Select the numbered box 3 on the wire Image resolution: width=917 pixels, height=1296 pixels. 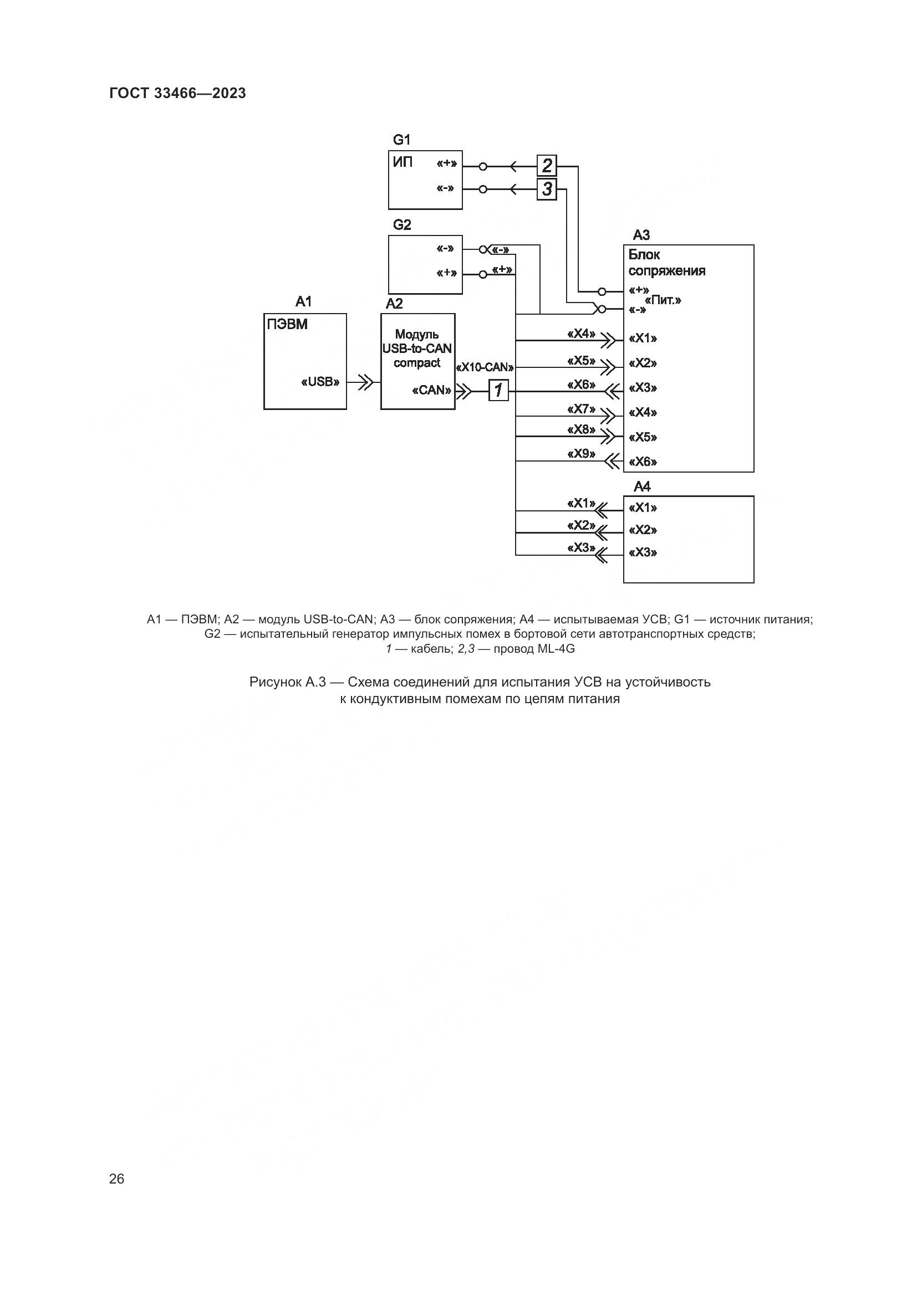point(547,189)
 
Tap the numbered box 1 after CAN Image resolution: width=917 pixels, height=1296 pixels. point(498,390)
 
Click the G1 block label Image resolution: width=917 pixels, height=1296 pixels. point(401,140)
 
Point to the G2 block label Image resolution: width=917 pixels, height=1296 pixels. point(401,224)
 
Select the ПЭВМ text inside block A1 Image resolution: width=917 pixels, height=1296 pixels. point(287,325)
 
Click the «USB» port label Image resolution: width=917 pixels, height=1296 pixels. point(320,382)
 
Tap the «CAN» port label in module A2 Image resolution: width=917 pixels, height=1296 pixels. point(432,390)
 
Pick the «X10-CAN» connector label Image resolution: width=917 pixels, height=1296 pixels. point(485,367)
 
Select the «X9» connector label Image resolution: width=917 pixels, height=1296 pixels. point(581,453)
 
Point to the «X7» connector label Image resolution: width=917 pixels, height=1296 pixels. point(581,409)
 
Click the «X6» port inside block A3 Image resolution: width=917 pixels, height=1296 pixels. point(643,462)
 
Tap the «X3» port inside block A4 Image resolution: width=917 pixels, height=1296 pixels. point(643,552)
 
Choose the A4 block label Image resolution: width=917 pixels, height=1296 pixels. point(642,486)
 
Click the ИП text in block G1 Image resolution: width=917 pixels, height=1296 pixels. point(403,162)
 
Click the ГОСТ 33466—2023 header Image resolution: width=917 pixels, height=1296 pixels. point(177,93)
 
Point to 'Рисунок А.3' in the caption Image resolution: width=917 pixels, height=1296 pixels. point(287,682)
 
